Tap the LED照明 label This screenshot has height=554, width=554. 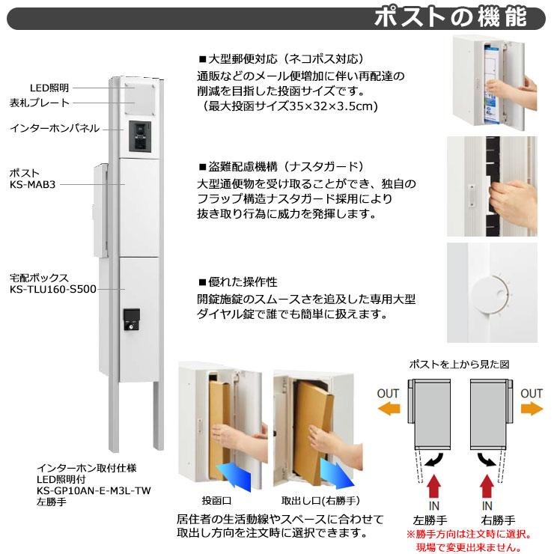49,88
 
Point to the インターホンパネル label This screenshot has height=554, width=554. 54,128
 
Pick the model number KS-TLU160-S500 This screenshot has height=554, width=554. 53,287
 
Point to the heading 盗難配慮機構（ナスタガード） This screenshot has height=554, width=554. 281,166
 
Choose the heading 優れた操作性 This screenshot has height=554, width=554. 237,282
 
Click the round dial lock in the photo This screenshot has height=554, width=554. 489,294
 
